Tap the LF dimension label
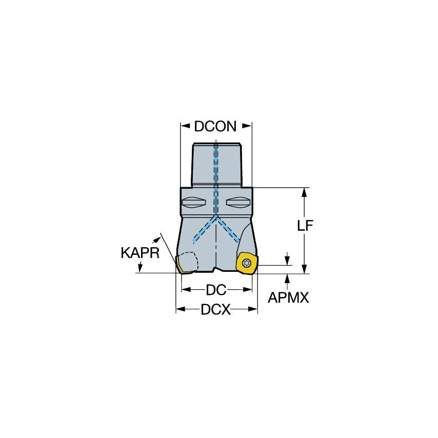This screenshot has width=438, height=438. [305, 227]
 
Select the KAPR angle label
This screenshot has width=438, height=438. [140, 253]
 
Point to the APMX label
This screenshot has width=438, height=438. [289, 298]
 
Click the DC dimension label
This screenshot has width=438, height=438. [216, 290]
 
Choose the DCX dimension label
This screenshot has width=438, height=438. [216, 309]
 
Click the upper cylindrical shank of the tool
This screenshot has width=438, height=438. [216, 164]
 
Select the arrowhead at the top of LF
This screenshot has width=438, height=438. [305, 191]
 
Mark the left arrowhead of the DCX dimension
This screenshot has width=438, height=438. [179, 309]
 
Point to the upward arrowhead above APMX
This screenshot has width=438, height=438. [287, 277]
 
